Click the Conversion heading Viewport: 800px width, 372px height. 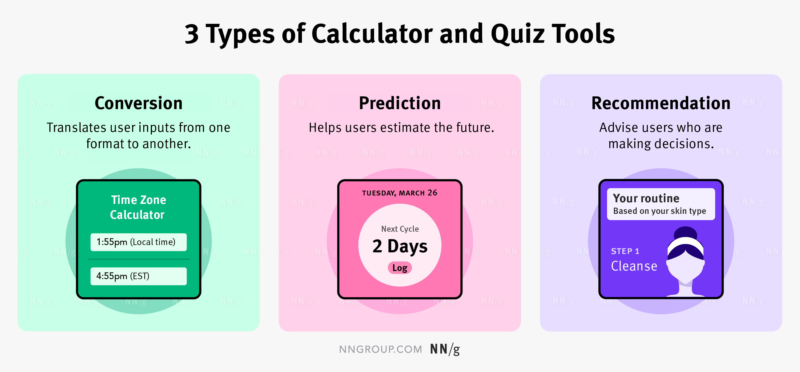139,103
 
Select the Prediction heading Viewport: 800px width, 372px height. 400,103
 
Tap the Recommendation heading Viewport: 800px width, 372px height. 661,103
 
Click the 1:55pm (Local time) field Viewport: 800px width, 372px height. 139,242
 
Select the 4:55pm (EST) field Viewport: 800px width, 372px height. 139,276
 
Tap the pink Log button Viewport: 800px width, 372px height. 400,268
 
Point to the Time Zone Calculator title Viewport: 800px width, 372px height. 138,207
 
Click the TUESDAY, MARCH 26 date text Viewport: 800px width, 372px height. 400,193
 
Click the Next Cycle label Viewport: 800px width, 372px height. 400,229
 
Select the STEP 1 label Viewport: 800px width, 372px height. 625,251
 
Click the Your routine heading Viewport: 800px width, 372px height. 646,198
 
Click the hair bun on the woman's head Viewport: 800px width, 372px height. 686,233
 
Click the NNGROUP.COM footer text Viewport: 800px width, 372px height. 380,349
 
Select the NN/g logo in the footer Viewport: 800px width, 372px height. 445,349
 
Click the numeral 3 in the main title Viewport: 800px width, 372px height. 192,34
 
